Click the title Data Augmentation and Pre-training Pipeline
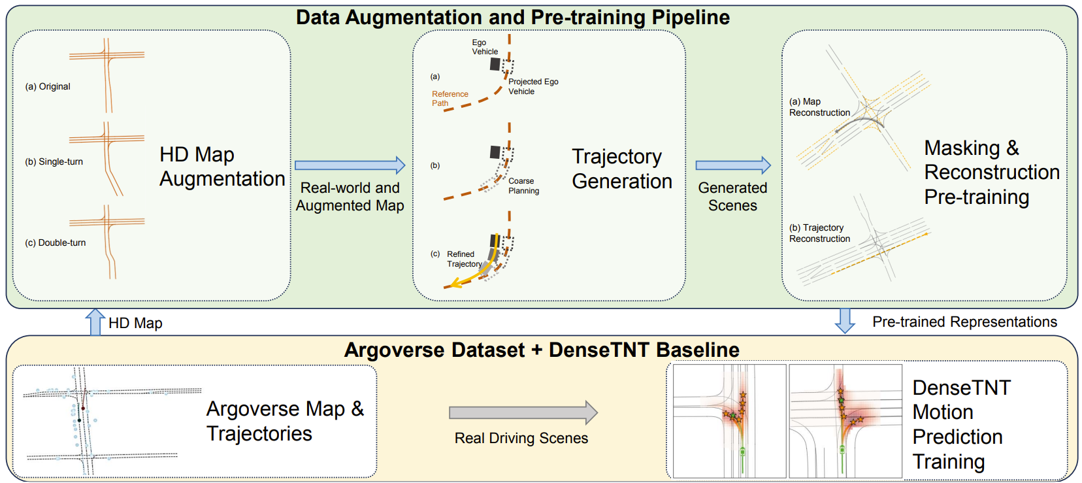click(x=513, y=17)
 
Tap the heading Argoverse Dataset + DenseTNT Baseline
click(x=542, y=350)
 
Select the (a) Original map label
click(x=48, y=86)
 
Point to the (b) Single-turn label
click(x=54, y=161)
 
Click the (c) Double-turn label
click(x=56, y=242)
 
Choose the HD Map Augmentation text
click(x=222, y=167)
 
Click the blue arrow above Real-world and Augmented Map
click(x=350, y=165)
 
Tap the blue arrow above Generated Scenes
click(x=733, y=165)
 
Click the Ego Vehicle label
click(x=485, y=47)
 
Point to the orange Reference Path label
click(x=450, y=99)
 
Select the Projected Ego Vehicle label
click(x=533, y=86)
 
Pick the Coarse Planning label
click(x=524, y=186)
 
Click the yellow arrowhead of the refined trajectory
click(x=455, y=283)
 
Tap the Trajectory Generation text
click(x=622, y=169)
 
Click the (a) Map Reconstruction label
click(x=819, y=107)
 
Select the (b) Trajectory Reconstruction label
click(x=819, y=233)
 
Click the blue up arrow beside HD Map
click(x=95, y=322)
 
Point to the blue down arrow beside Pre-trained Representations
click(x=845, y=321)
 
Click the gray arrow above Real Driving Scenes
click(x=523, y=412)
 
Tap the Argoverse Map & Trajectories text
click(x=285, y=421)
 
